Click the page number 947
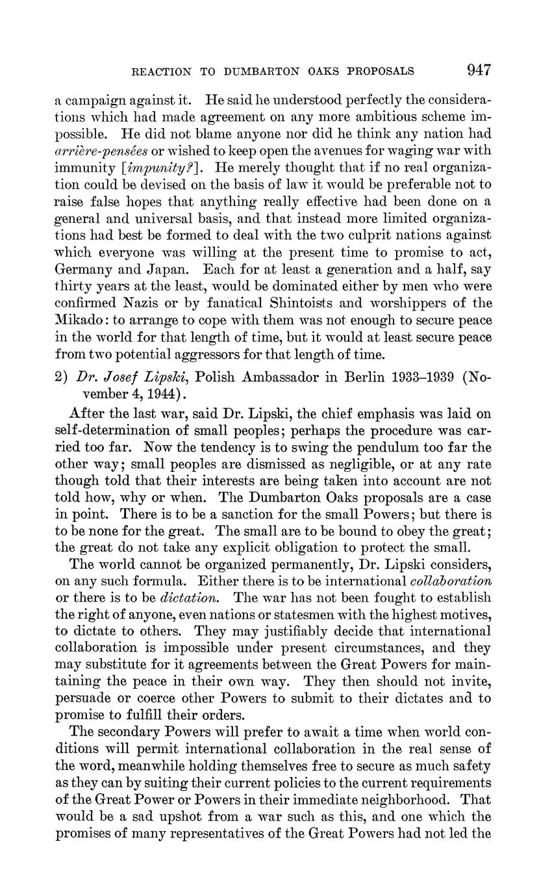pos(478,70)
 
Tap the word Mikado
pos(80,320)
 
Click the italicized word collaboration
pos(451,580)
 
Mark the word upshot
pos(171,816)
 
